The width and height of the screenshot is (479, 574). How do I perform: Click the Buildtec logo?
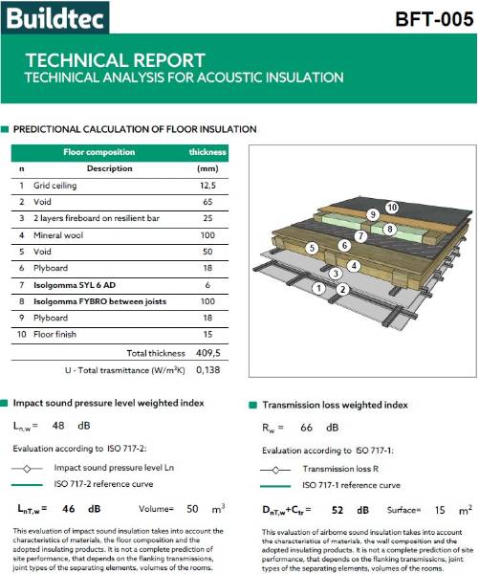(54, 16)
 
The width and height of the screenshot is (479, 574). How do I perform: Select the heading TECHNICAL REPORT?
(115, 60)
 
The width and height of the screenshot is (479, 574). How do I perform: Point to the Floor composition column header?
(97, 152)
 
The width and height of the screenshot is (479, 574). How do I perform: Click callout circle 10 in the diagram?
(391, 208)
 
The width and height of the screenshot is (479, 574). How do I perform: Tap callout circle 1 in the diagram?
(318, 287)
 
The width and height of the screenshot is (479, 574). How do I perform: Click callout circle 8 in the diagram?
(390, 230)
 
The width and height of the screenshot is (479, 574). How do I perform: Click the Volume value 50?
(191, 510)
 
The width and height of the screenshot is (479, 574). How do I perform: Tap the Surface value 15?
(438, 510)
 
